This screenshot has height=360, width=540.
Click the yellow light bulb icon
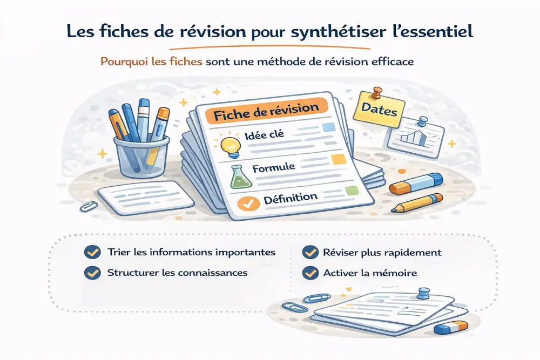(x=230, y=147)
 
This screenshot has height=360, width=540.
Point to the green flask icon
(x=241, y=176)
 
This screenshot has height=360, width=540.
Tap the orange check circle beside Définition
(x=248, y=203)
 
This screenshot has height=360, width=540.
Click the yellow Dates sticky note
(x=379, y=110)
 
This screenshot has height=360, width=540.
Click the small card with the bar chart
(x=416, y=137)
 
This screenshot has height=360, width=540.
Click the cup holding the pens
(x=142, y=156)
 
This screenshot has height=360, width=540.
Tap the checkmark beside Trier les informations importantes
(x=92, y=252)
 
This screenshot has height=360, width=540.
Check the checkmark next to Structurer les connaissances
(x=92, y=273)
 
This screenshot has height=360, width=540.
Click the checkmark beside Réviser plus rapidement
(x=310, y=252)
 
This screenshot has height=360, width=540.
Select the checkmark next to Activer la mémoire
(x=310, y=273)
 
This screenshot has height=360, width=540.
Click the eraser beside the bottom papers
(x=450, y=327)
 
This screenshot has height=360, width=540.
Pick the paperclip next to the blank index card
(x=89, y=206)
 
